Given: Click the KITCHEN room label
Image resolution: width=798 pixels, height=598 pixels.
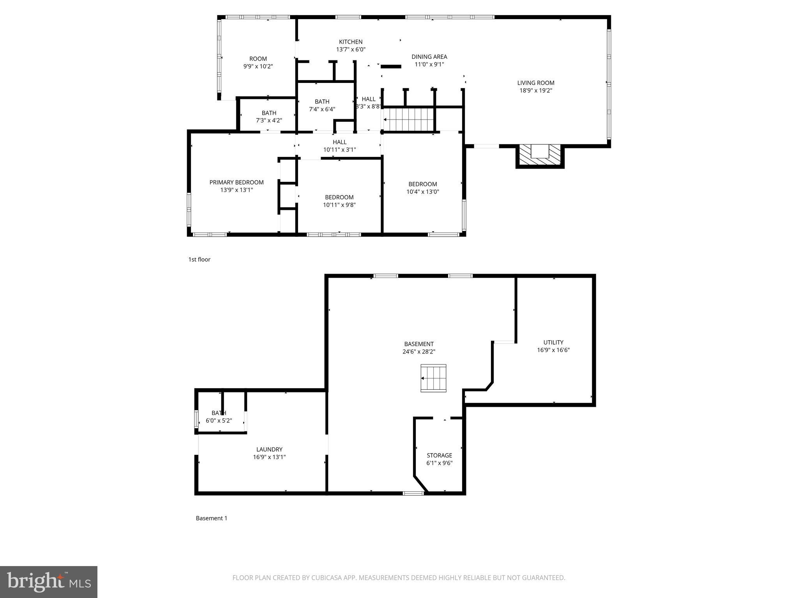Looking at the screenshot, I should coord(351,42).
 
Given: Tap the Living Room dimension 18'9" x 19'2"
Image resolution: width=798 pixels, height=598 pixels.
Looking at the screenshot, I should coord(536,90).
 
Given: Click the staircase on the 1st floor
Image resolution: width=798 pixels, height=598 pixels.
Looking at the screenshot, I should coord(409,120).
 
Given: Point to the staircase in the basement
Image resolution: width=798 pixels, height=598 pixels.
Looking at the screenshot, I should coord(433,378).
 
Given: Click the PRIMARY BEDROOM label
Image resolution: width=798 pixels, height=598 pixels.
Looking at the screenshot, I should coord(237,182).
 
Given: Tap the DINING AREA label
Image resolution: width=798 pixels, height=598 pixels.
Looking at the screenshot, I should coord(429,57).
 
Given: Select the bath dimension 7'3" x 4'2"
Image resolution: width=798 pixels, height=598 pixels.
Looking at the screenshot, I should coord(269,121).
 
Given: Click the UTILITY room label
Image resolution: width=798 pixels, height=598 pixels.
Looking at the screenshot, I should coord(553,342).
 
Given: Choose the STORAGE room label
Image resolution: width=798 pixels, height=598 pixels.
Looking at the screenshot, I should coord(439,455).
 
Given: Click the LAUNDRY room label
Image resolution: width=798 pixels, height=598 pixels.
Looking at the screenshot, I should coord(269,449).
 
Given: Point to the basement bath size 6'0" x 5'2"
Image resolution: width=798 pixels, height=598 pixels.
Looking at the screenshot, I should coord(219,420).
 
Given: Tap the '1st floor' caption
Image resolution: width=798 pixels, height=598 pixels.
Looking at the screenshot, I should coord(199,259).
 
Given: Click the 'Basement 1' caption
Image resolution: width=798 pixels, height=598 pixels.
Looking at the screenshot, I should coord(211,518).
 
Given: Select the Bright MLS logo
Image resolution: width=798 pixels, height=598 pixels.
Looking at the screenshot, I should coord(49,582).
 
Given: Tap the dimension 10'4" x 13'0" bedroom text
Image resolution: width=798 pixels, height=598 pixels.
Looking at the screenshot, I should coord(423,192).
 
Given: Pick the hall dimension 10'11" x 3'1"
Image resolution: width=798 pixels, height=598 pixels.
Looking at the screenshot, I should coord(339,149).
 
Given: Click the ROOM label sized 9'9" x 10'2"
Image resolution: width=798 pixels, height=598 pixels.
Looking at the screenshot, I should coord(258,59).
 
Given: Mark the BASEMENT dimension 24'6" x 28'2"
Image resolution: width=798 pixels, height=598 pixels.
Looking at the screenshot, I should coord(419,352).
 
